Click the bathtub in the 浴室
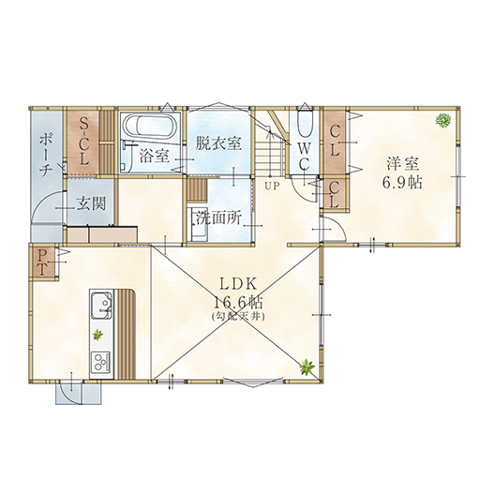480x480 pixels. pos(149,127)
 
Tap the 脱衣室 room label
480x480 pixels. pos(218,143)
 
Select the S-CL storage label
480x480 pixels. pos(83,141)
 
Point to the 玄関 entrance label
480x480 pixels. pos(92,203)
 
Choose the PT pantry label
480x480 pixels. pos(42,262)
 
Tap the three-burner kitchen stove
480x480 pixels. pos(100,362)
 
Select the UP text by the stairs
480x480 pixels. pos(271,187)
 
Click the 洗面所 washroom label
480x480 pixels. pos(219,219)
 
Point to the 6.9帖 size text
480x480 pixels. pos(401,182)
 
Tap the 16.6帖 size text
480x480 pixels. pos(238,302)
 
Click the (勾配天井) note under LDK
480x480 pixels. pos(238,317)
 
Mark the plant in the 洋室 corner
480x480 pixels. pos(443,120)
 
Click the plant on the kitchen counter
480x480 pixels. pos(97,335)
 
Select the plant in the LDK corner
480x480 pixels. pos(306,367)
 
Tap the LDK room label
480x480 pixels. pos(238,285)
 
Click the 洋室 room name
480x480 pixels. pos(403,164)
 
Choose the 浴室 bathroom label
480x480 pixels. pos(155,156)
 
